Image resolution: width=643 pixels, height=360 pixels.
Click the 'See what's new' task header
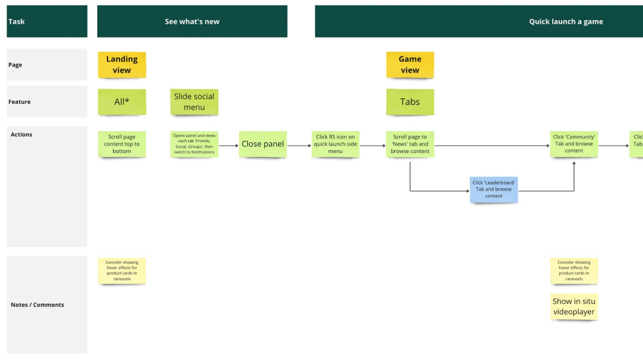[192, 22]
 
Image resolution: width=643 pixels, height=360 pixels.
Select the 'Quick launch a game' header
[565, 22]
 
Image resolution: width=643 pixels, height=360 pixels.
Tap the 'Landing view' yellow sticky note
[122, 65]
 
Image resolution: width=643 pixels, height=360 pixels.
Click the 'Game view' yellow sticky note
[410, 65]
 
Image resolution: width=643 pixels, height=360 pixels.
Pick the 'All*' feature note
[122, 102]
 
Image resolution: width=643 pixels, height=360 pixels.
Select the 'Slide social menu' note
[194, 102]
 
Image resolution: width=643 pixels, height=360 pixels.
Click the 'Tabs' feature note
[410, 102]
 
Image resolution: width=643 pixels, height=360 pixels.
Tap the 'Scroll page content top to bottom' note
[122, 144]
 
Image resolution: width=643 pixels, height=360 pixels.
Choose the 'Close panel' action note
[263, 144]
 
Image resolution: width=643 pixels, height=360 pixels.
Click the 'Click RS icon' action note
[335, 144]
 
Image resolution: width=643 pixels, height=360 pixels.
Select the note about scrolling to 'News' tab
[410, 144]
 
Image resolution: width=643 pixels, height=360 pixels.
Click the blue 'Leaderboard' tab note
[494, 189]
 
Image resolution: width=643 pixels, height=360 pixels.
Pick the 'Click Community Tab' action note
[574, 144]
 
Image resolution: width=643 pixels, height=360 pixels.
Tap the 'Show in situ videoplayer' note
[574, 306]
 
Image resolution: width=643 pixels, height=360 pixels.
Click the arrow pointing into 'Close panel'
[229, 146]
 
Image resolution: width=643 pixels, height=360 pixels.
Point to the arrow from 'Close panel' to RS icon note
[299, 146]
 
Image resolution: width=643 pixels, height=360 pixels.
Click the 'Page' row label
[15, 65]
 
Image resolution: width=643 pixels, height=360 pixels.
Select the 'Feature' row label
[20, 102]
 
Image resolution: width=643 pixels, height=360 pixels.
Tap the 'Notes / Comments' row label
[37, 305]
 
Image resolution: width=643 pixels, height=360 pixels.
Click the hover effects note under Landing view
[122, 270]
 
